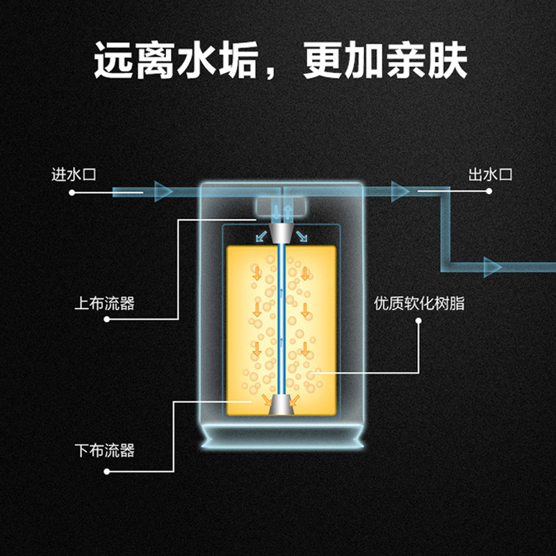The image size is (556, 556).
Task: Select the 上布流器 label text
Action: coord(104,304)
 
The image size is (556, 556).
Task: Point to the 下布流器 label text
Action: coord(104,450)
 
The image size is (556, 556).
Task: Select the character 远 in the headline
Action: coord(115,63)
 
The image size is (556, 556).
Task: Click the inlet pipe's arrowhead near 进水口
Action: coord(163,190)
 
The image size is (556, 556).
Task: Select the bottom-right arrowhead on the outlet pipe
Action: coord(492,265)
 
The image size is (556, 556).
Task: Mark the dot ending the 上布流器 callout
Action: coord(107,320)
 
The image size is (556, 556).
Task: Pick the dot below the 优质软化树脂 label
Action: coord(419,321)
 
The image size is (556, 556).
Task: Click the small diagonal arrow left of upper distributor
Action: coord(261,236)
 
